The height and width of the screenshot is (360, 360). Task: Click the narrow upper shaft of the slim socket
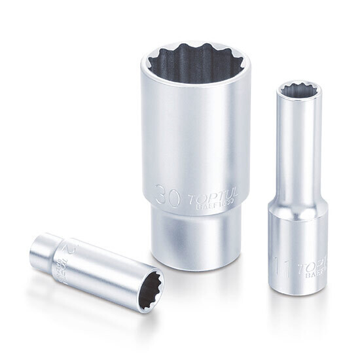[298, 151]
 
